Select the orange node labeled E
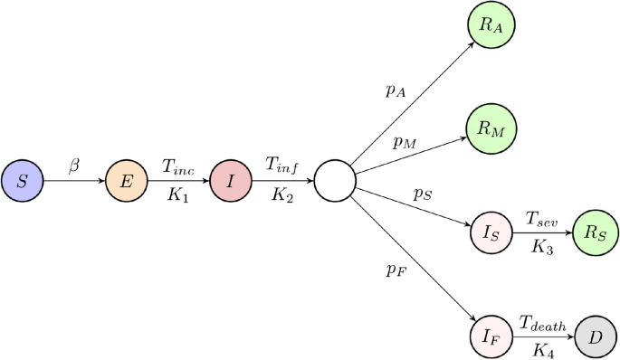click(x=127, y=181)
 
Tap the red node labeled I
click(x=231, y=181)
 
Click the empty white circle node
click(x=335, y=181)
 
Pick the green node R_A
click(x=491, y=25)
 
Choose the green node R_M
click(x=491, y=129)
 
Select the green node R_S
click(x=595, y=233)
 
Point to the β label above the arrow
click(x=75, y=166)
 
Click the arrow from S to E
click(x=75, y=181)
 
